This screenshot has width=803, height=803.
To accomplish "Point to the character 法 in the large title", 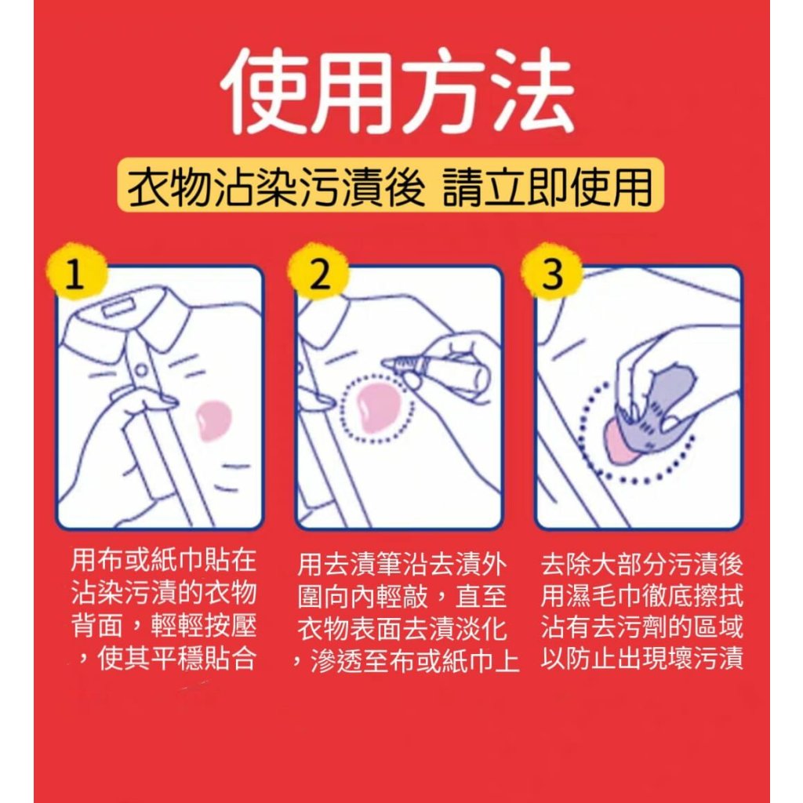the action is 530,91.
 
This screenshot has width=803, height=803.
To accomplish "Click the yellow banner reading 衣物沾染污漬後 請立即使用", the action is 391,185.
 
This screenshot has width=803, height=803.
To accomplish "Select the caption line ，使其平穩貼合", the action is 163,658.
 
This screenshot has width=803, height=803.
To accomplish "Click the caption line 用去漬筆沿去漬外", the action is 402,564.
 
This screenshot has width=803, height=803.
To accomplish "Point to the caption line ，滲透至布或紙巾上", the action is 405,661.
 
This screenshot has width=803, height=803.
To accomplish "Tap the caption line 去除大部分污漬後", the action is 642,564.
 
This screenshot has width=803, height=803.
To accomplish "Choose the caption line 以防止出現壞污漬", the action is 642,658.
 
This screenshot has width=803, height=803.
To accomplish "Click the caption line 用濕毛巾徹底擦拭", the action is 642,596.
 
